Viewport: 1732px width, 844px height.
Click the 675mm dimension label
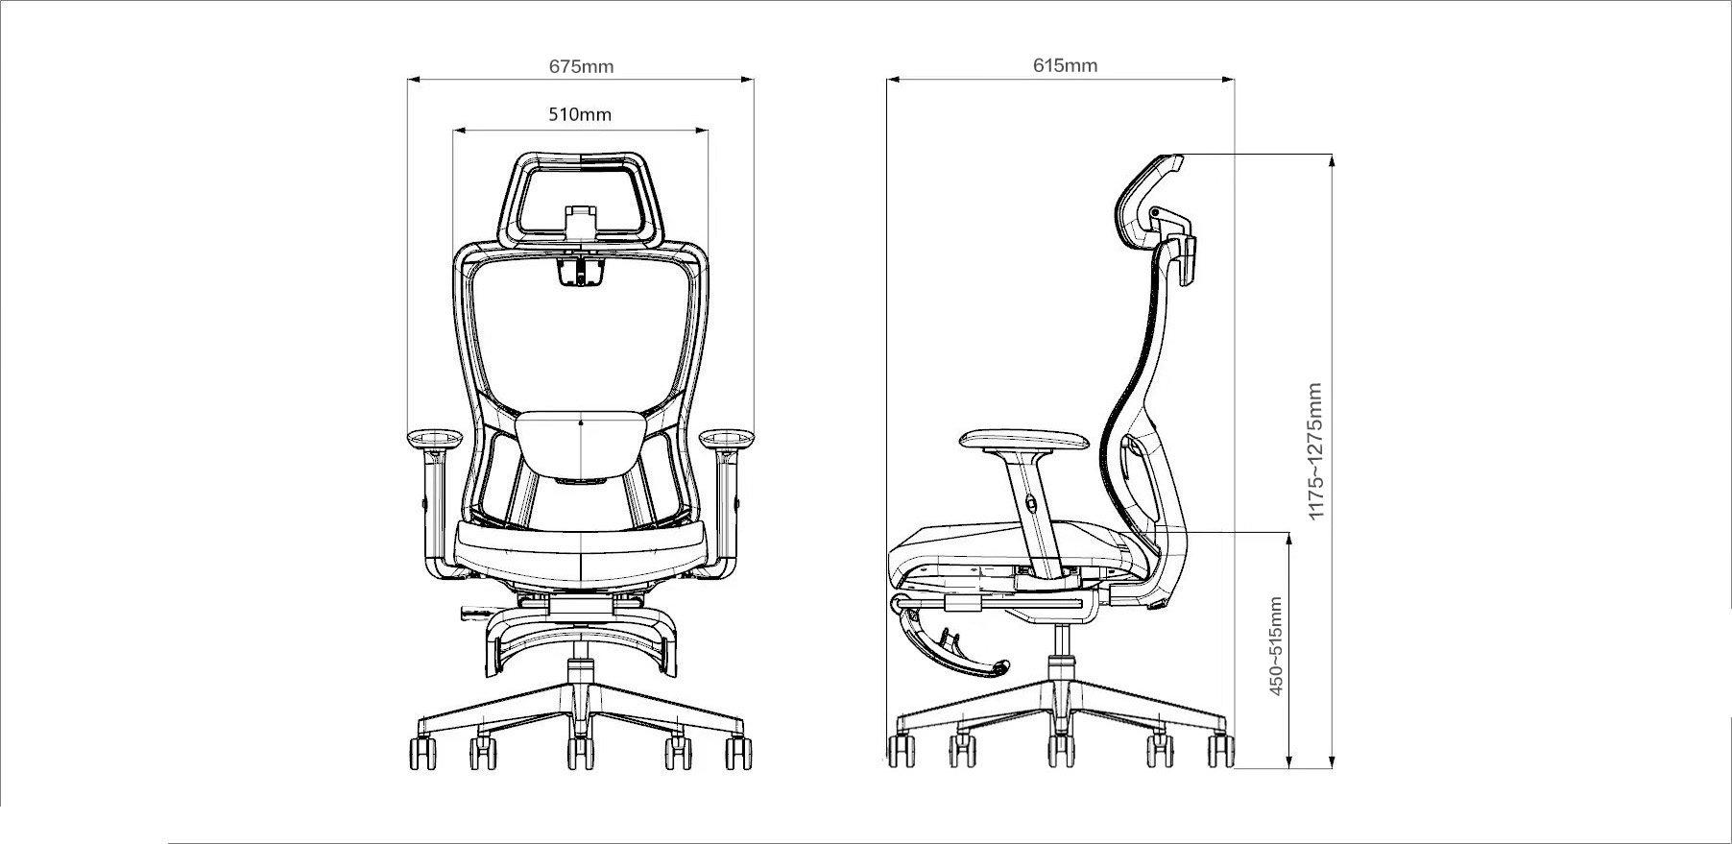(581, 66)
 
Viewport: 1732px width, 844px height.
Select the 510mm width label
(580, 114)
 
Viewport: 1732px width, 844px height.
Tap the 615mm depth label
(1065, 65)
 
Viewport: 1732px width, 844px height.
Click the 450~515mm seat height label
(1275, 646)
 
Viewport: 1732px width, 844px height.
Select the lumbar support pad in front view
(581, 444)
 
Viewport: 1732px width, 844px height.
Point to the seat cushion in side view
(1018, 547)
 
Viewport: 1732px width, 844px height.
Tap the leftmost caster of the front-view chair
(422, 752)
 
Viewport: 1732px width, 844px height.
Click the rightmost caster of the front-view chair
(738, 752)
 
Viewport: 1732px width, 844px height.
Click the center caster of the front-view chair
(580, 752)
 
